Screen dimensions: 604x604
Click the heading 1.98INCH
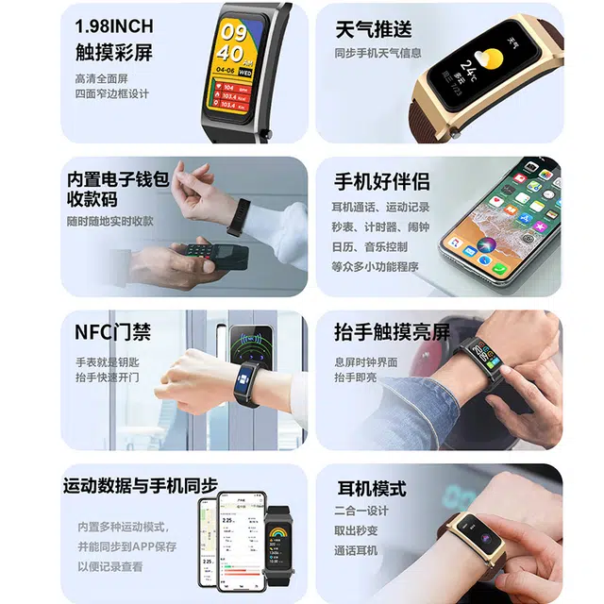point(113,25)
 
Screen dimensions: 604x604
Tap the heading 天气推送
point(374,28)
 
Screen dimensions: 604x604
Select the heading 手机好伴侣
point(381,181)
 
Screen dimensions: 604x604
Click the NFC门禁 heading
point(112,332)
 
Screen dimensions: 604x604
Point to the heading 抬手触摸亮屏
point(392,332)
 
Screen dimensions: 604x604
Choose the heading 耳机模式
point(372,489)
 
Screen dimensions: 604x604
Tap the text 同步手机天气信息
point(377,53)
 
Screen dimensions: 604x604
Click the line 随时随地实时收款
point(110,221)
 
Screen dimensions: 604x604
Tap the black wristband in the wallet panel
point(239,216)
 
